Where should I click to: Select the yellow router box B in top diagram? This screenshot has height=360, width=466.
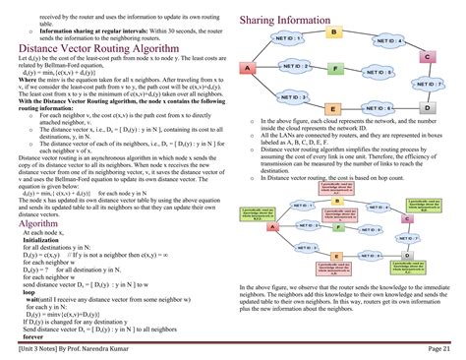point(333,33)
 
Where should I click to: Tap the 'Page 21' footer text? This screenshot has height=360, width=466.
point(439,348)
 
